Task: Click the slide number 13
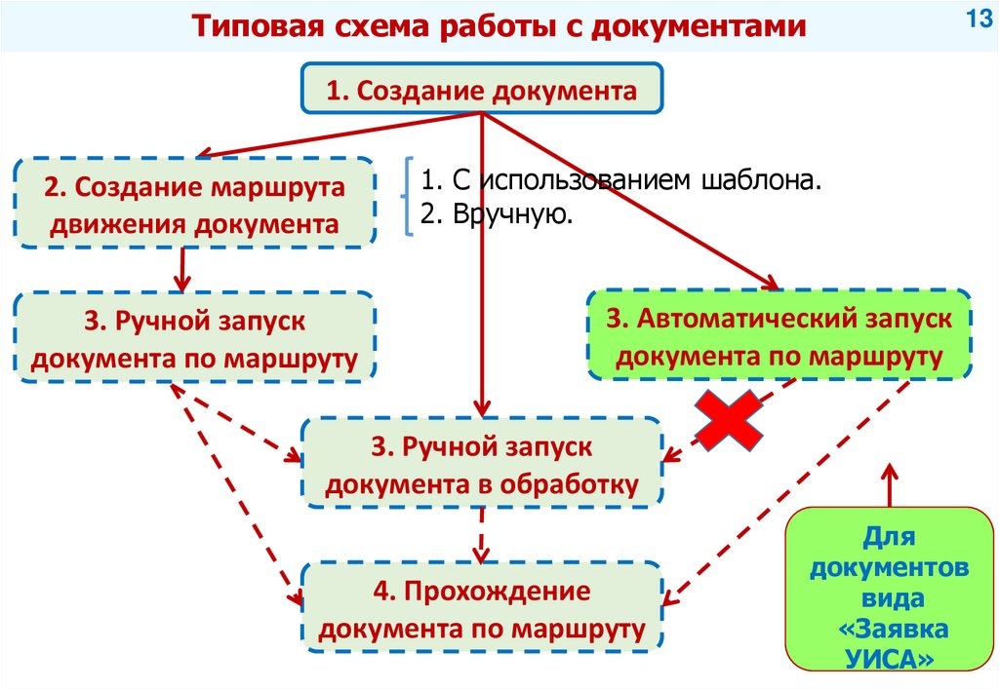click(978, 19)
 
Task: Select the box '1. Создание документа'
click(482, 92)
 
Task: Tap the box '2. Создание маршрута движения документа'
click(195, 204)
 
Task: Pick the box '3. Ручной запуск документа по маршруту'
click(193, 337)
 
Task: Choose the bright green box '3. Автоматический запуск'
click(779, 335)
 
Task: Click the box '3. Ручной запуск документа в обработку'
click(482, 463)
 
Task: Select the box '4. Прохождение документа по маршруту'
click(482, 608)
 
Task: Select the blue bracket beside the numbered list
click(407, 198)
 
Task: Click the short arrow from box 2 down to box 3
click(181, 268)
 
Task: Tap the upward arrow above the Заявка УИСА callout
click(889, 484)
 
